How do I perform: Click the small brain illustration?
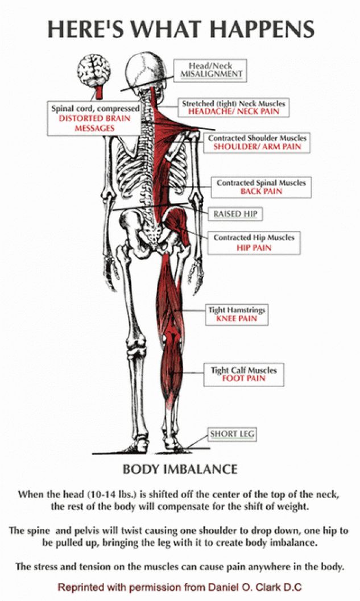pyautogui.click(x=94, y=71)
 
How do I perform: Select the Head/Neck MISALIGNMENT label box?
pyautogui.click(x=210, y=70)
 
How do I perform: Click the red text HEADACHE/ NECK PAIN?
pyautogui.click(x=234, y=111)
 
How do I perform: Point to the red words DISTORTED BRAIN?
pyautogui.click(x=95, y=118)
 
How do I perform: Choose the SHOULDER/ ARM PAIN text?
pyautogui.click(x=257, y=147)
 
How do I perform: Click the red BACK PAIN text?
pyautogui.click(x=261, y=191)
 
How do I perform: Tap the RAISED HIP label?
pyautogui.click(x=235, y=214)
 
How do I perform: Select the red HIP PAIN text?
pyautogui.click(x=254, y=247)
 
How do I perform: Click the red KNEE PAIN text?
pyautogui.click(x=237, y=318)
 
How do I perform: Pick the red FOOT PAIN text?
pyautogui.click(x=244, y=379)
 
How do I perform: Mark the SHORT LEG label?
pyautogui.click(x=232, y=434)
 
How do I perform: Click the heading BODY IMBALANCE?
pyautogui.click(x=180, y=469)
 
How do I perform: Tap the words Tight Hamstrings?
pyautogui.click(x=237, y=310)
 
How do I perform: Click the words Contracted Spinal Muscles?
pyautogui.click(x=261, y=183)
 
